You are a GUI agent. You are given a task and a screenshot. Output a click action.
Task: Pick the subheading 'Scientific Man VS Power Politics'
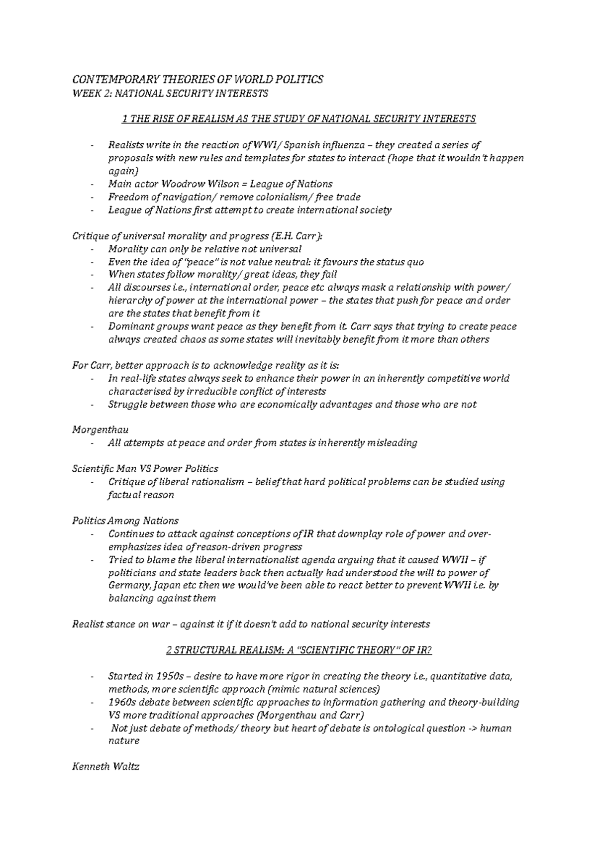point(145,469)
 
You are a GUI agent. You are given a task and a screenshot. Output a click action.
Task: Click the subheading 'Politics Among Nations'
point(125,521)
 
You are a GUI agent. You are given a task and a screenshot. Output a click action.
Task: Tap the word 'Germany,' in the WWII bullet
point(127,585)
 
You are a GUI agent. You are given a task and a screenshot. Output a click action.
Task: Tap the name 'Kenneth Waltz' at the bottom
point(105,767)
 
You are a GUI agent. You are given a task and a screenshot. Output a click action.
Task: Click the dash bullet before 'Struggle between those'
point(93,405)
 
